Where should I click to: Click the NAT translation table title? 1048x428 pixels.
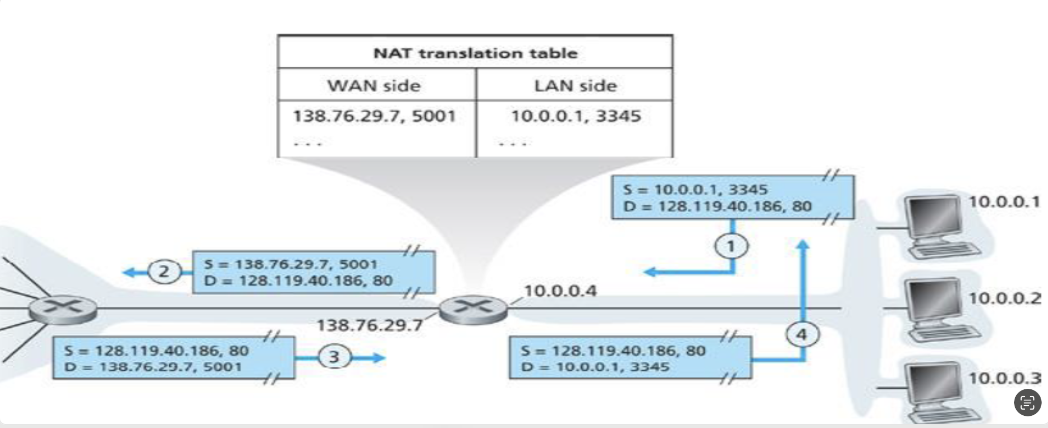[x=475, y=53]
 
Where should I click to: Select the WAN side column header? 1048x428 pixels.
[x=374, y=85]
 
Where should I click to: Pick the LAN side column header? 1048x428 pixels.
[x=575, y=85]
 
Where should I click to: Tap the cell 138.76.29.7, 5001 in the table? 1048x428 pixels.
[x=374, y=116]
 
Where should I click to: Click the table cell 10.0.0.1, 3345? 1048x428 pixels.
[x=575, y=116]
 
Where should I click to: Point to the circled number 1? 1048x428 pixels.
[x=731, y=246]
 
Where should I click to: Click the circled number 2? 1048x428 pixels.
[x=163, y=272]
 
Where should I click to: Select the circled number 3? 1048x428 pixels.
[x=334, y=356]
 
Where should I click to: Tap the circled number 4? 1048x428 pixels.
[x=801, y=334]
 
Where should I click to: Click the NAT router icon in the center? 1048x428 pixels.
[x=473, y=309]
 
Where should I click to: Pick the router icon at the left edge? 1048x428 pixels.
[x=63, y=309]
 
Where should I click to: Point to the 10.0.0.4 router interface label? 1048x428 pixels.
[x=560, y=291]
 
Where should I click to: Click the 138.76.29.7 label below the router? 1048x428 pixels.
[x=370, y=325]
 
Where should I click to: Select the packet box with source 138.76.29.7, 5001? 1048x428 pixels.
[x=313, y=272]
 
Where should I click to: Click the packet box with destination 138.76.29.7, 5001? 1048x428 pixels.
[x=173, y=358]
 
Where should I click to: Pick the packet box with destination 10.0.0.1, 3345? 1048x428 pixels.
[x=630, y=358]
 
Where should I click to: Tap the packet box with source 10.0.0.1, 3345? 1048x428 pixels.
[x=732, y=198]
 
